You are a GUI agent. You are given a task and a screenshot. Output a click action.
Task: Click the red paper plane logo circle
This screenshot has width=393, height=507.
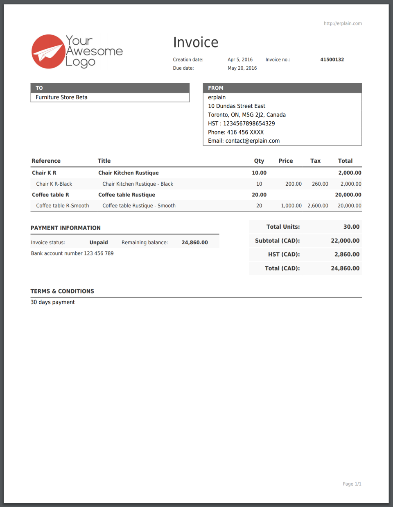[x=48, y=52]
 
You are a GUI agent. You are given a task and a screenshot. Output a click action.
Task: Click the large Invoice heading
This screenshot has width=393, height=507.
[x=196, y=42]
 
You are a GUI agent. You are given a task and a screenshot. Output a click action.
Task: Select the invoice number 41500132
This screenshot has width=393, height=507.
[x=332, y=60]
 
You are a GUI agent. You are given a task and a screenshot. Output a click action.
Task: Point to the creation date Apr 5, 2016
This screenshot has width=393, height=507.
[x=240, y=60]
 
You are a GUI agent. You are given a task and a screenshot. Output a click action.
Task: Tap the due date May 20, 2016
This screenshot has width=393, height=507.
[x=242, y=68]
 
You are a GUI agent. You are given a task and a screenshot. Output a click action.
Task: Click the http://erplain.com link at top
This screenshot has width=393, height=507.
[x=343, y=24]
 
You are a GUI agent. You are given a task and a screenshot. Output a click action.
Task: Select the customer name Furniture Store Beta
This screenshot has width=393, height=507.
[x=61, y=98]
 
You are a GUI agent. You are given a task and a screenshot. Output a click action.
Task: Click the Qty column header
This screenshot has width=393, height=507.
[x=259, y=161]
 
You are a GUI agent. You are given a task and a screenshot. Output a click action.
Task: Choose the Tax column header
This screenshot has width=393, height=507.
[x=315, y=161]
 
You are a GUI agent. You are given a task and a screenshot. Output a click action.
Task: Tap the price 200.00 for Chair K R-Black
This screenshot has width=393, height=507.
[x=294, y=184]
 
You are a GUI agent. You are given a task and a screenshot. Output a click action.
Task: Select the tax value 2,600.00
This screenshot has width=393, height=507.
[x=318, y=206]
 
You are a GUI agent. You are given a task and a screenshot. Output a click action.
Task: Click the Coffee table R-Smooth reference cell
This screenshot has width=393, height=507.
[x=63, y=206]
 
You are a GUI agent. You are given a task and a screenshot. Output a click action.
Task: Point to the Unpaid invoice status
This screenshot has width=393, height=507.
[x=99, y=243]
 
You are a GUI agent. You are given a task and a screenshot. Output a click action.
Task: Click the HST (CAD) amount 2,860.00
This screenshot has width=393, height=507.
[x=347, y=255]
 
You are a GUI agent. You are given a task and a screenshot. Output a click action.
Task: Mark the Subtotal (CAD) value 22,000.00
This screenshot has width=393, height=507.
[x=345, y=241]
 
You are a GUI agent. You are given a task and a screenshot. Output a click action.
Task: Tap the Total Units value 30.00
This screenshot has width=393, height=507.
[x=351, y=227]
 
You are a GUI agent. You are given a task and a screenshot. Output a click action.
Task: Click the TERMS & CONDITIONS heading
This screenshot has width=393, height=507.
[x=62, y=291]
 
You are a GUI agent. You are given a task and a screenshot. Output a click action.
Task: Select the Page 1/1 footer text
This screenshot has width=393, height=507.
[x=352, y=484]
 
